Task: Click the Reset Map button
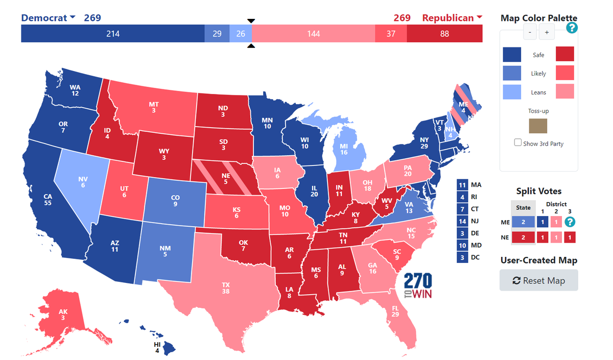point(538,280)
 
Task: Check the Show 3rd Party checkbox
point(518,143)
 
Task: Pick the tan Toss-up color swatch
point(538,126)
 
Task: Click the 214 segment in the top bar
point(112,34)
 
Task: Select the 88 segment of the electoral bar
point(444,34)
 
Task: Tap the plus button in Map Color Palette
point(547,32)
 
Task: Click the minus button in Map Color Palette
point(530,32)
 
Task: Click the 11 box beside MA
point(462,184)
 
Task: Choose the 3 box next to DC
point(462,257)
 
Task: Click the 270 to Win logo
point(418,286)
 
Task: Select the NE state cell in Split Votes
point(524,237)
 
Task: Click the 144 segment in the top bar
point(313,34)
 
